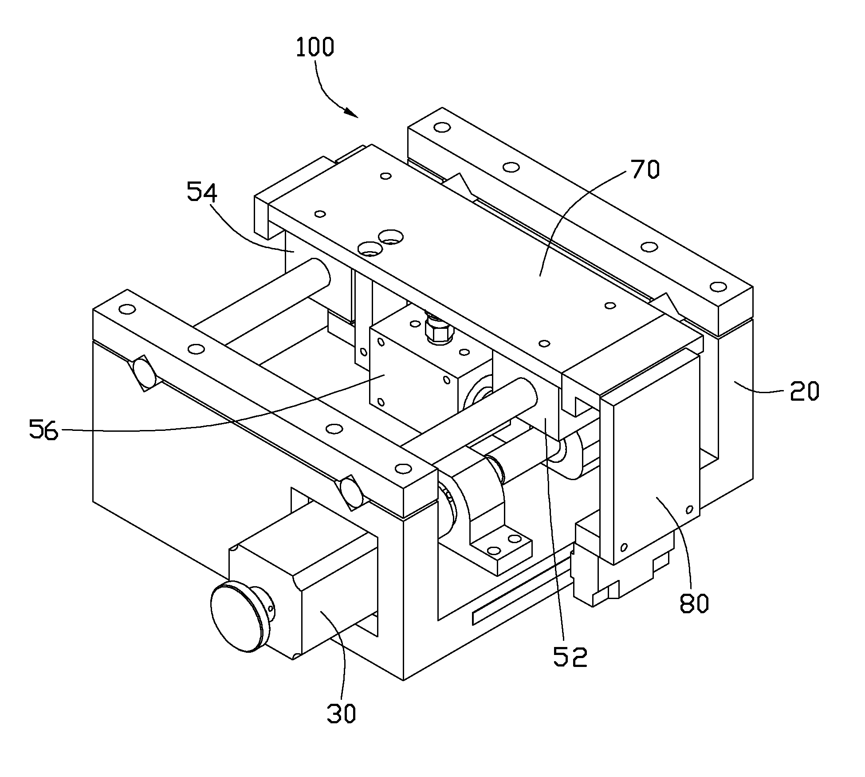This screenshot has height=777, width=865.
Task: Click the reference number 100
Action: tap(315, 47)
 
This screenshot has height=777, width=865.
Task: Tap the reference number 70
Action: tap(645, 169)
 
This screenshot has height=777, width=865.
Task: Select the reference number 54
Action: tap(202, 192)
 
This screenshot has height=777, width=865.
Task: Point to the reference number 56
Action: tap(43, 429)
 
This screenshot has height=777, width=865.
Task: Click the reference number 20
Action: tap(804, 391)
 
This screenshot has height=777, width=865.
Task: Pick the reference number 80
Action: tap(694, 603)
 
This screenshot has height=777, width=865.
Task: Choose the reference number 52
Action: tap(570, 656)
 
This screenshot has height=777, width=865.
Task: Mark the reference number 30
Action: tap(342, 714)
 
